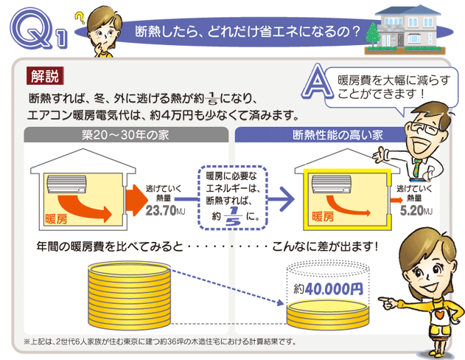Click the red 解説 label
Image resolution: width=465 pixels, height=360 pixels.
point(44,75)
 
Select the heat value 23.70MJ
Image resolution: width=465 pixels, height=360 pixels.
point(165,212)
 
